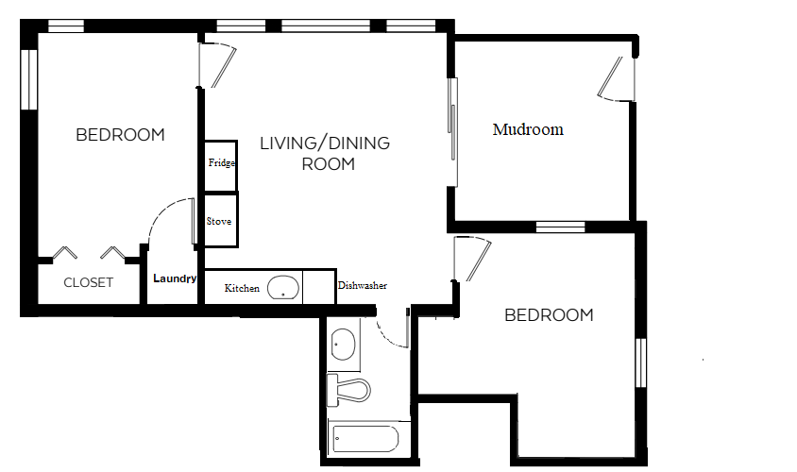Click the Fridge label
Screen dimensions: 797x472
222,163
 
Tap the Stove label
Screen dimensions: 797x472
219,221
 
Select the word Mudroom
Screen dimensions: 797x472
528,129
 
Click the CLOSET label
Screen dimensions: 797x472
89,282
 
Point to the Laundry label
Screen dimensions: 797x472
175,278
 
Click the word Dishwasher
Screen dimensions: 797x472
363,285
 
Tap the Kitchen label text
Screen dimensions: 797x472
242,288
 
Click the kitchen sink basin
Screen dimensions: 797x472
283,288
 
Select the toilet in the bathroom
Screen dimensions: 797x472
348,390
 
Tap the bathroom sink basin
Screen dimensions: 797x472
343,344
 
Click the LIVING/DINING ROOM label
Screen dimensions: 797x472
325,154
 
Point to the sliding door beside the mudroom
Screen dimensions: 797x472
452,132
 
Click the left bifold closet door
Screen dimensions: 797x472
65,252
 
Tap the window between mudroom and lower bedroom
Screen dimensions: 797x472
561,227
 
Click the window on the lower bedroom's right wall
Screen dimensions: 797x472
641,362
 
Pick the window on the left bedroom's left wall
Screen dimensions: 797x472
29,79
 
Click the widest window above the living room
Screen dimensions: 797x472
326,25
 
